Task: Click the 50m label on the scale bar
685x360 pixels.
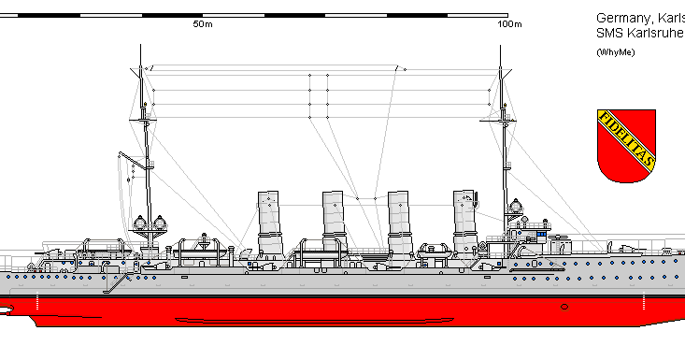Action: click(x=202, y=23)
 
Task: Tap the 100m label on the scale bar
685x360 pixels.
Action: click(x=509, y=23)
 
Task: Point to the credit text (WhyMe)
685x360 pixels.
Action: click(x=615, y=51)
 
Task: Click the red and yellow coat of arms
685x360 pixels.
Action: click(x=625, y=146)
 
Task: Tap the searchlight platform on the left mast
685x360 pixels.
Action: click(x=150, y=223)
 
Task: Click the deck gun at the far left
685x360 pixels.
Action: click(x=45, y=250)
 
